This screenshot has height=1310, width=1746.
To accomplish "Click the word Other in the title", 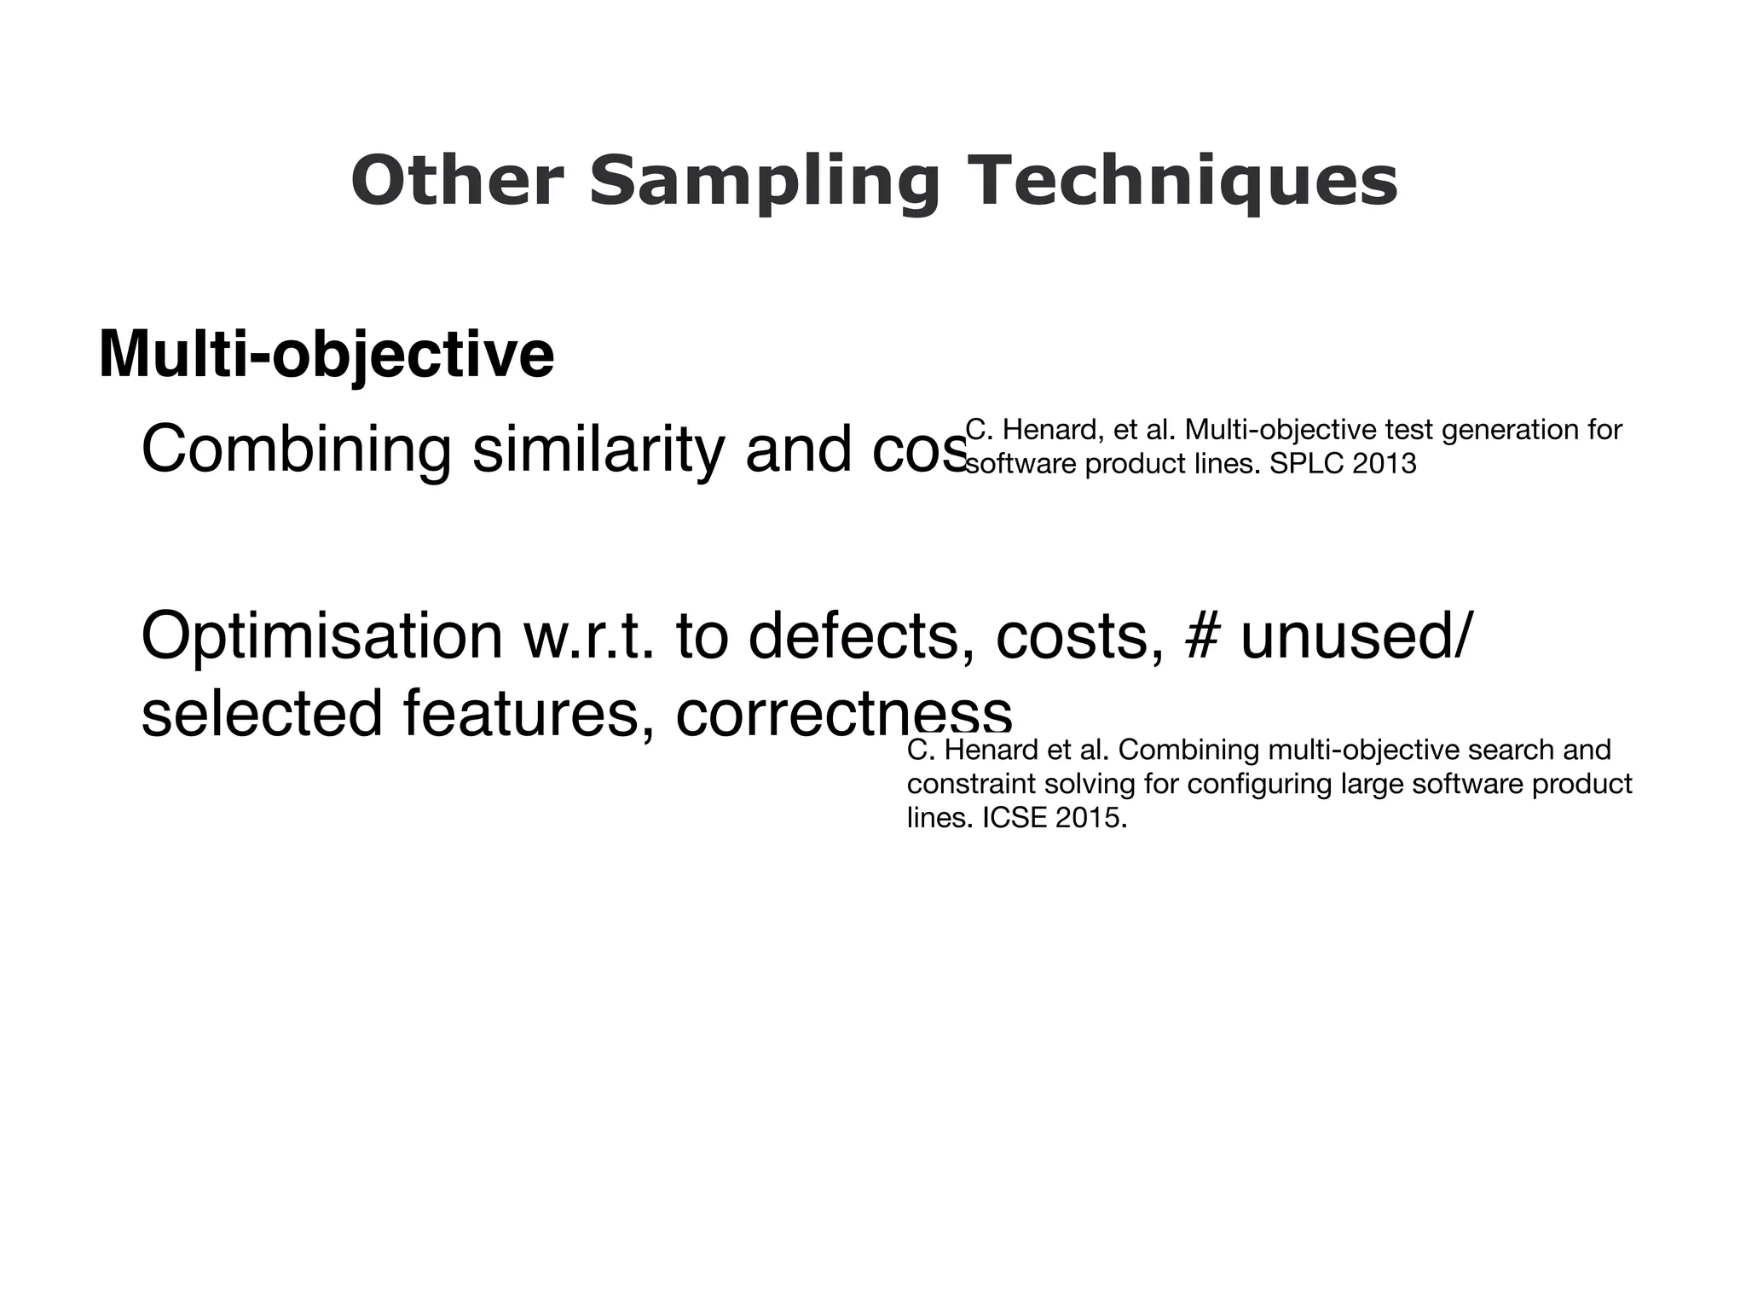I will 458,181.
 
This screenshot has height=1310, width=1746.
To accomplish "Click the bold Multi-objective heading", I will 327,354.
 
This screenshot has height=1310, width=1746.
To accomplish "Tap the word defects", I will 853,636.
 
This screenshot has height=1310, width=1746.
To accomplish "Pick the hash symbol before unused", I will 1201,636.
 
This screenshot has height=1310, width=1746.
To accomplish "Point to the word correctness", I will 844,713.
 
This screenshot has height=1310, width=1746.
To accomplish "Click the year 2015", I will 1091,818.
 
